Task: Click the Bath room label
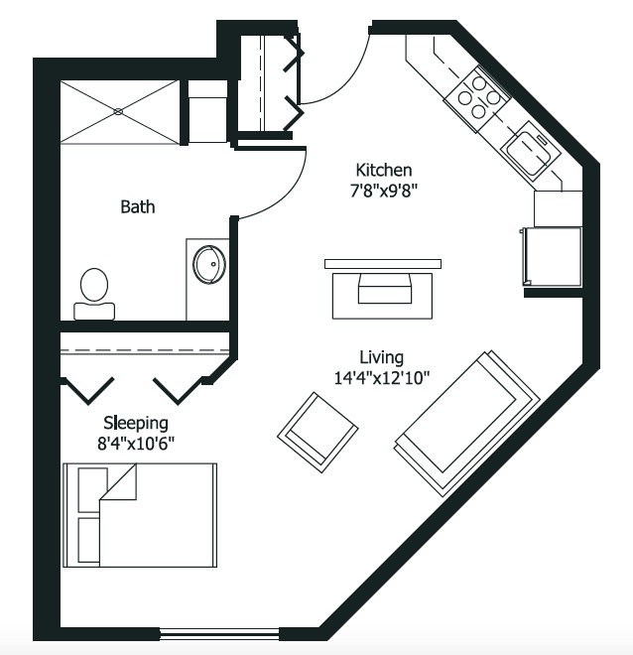[x=137, y=206]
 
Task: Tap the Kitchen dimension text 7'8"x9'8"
[x=384, y=191]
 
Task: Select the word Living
[x=382, y=357]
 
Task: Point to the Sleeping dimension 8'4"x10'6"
[x=136, y=444]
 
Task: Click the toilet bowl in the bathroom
[x=94, y=284]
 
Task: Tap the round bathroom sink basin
[x=209, y=264]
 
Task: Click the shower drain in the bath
[x=118, y=111]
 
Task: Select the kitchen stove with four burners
[x=477, y=98]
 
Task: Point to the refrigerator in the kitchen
[x=552, y=256]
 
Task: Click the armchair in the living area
[x=317, y=433]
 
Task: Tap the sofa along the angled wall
[x=467, y=424]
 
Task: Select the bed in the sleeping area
[x=140, y=515]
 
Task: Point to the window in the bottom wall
[x=219, y=634]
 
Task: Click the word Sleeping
[x=136, y=424]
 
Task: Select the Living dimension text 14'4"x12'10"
[x=382, y=378]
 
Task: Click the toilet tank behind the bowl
[x=94, y=312]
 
